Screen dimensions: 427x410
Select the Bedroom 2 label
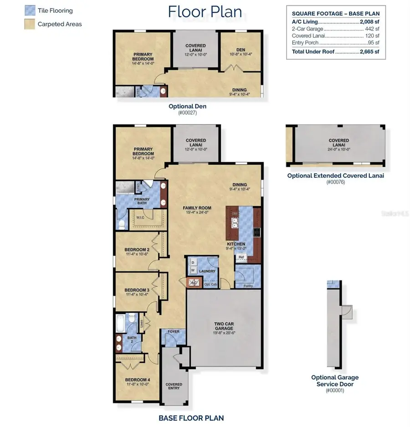137,250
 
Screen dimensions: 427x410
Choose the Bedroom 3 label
137,290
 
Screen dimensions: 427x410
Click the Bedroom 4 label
137,380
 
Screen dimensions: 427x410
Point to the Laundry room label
207,272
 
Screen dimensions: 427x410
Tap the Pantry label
248,286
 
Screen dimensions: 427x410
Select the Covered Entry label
174,386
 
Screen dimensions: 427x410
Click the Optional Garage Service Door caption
334,381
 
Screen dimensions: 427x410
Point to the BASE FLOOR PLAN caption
191,418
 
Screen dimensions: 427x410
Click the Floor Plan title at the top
205,12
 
